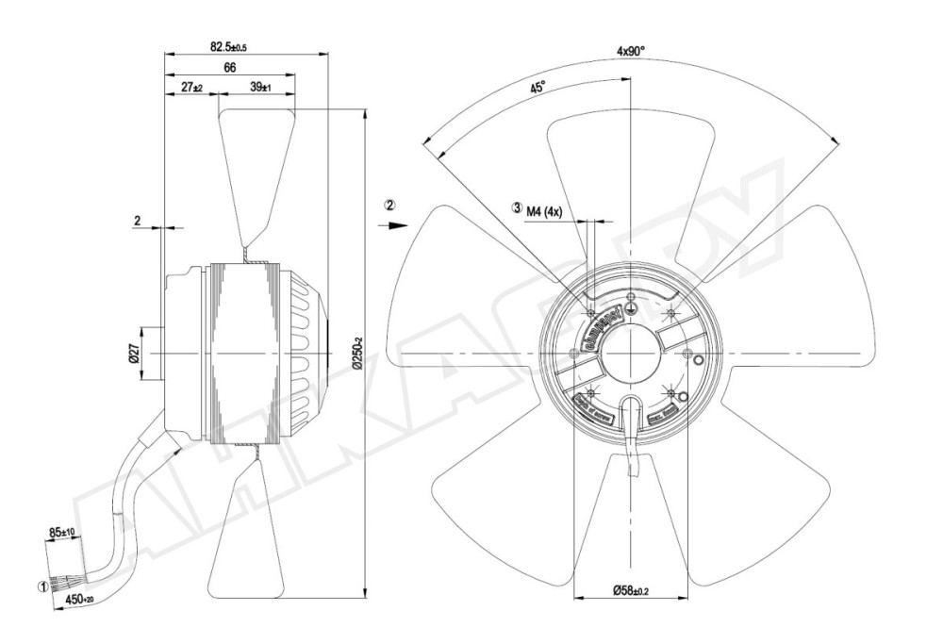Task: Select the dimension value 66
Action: (229, 67)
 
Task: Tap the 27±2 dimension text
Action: (190, 87)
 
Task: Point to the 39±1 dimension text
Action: (260, 87)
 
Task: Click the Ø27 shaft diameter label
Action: (134, 355)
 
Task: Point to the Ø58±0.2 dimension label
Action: (635, 591)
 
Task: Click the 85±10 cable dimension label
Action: (63, 534)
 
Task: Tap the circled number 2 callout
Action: (390, 205)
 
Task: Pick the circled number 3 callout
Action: (517, 208)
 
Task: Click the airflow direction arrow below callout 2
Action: (396, 225)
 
